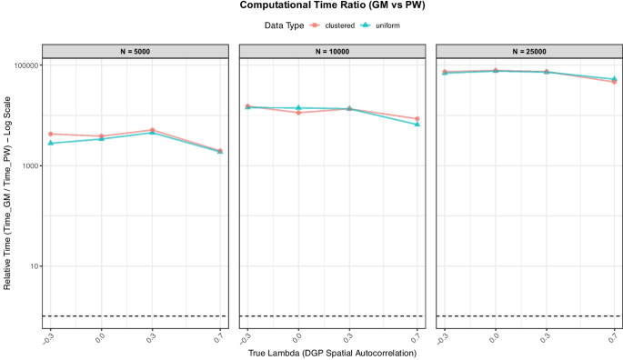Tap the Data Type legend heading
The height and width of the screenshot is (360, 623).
[275, 25]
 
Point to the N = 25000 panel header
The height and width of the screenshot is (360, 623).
[528, 52]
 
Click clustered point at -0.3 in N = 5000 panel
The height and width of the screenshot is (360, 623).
[50, 135]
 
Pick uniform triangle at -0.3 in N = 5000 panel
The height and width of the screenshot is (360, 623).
[50, 144]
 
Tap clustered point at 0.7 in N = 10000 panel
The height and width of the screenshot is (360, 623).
[417, 119]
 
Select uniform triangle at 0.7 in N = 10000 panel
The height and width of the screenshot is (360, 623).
[417, 125]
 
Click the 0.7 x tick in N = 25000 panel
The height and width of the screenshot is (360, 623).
[614, 337]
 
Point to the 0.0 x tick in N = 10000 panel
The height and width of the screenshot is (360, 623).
[296, 337]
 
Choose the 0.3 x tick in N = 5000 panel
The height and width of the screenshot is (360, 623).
[150, 337]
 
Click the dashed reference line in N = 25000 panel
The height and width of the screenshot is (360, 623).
[528, 316]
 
